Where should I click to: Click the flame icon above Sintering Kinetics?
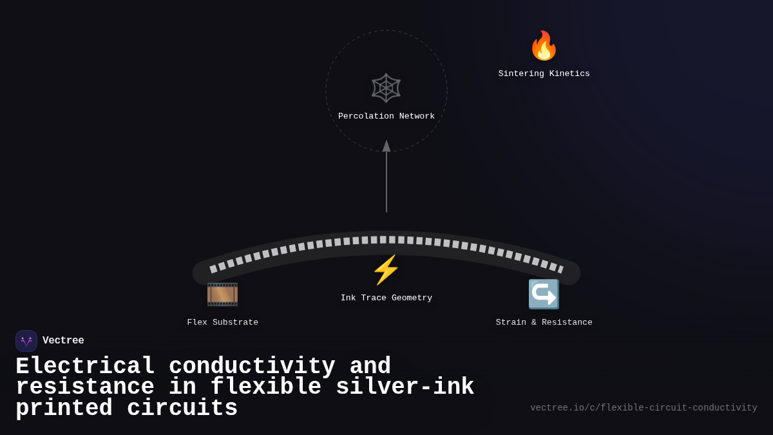[544, 46]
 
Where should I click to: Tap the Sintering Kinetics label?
[544, 74]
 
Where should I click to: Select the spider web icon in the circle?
[386, 88]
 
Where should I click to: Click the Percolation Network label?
[386, 117]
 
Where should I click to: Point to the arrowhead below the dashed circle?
[386, 146]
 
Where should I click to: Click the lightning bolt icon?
[386, 270]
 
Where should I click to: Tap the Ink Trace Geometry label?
[386, 298]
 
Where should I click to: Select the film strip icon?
[222, 295]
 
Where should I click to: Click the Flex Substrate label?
[222, 323]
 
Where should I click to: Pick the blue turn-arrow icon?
[544, 295]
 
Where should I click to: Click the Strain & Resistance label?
[544, 323]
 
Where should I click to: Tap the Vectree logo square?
[26, 341]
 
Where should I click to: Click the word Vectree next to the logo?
[63, 341]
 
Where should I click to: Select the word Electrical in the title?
[85, 367]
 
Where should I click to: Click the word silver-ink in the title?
[405, 387]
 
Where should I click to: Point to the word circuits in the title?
[182, 409]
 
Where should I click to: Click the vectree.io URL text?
[644, 408]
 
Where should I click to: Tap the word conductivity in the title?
[252, 367]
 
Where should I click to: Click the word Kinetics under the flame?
[568, 74]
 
